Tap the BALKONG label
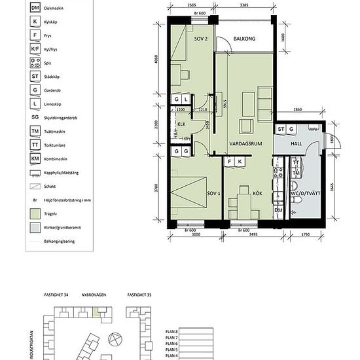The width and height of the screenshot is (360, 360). pyautogui.click(x=243, y=39)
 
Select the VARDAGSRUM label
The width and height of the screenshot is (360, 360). pyautogui.click(x=245, y=143)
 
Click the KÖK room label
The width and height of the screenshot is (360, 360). pyautogui.click(x=247, y=194)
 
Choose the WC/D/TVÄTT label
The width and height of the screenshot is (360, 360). pyautogui.click(x=302, y=194)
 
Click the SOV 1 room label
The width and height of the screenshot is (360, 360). pyautogui.click(x=212, y=194)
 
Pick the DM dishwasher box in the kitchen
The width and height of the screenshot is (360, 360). pyautogui.click(x=278, y=210)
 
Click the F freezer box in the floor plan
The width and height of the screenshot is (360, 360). pyautogui.click(x=230, y=161)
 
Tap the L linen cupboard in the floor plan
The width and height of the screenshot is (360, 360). pyautogui.click(x=187, y=99)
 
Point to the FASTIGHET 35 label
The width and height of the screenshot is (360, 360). pyautogui.click(x=140, y=295)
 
